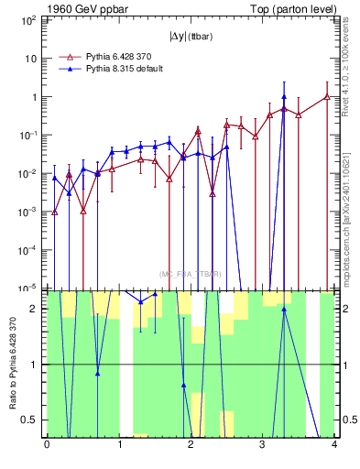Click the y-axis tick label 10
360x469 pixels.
point(32,59)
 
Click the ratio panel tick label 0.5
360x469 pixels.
point(32,420)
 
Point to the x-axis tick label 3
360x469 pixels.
point(263,448)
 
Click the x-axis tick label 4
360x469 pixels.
point(334,448)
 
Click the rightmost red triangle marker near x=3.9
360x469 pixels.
point(327,96)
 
